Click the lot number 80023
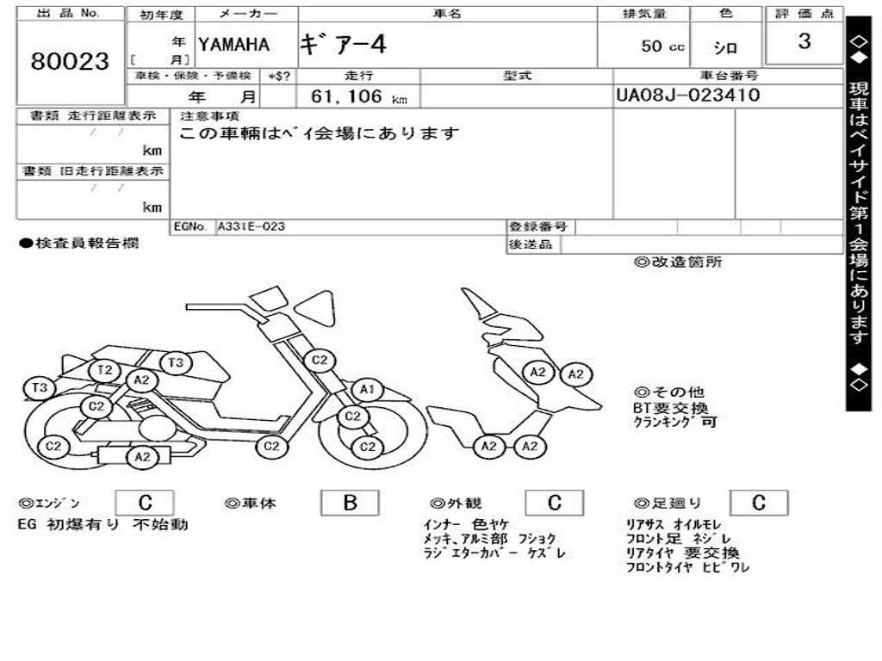70,62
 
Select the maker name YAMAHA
233,45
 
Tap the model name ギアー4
343,45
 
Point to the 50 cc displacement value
662,46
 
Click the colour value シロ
725,48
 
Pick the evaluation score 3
804,41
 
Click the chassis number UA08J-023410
688,96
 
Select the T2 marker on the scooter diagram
104,370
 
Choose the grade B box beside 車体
349,503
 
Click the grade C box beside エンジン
145,503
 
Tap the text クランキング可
674,423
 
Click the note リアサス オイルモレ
674,524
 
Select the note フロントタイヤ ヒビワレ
687,567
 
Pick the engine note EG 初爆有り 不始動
102,524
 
